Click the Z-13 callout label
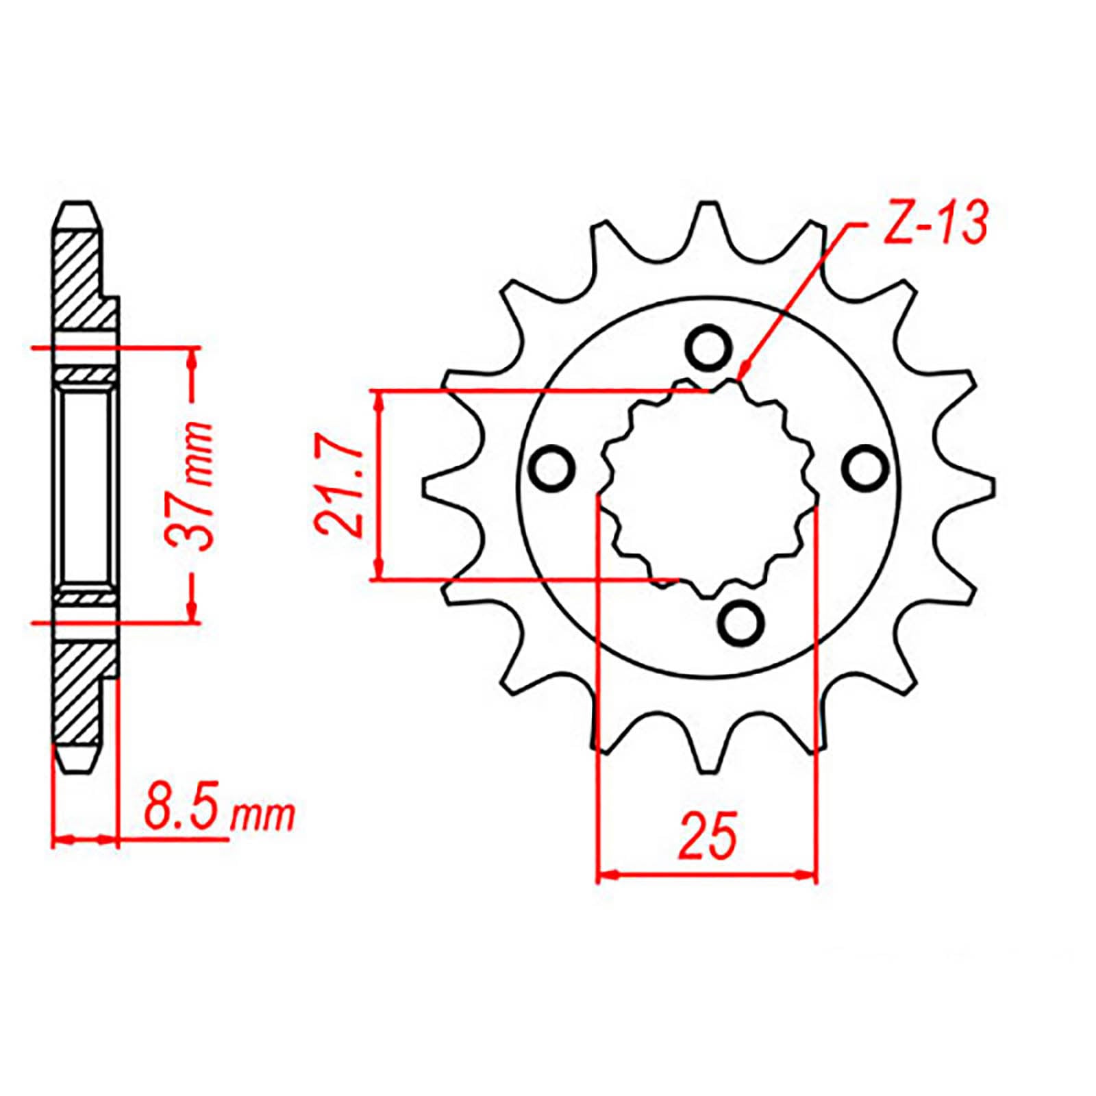[935, 225]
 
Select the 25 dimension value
[707, 836]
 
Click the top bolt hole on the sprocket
[707, 349]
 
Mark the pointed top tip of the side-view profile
[77, 203]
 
